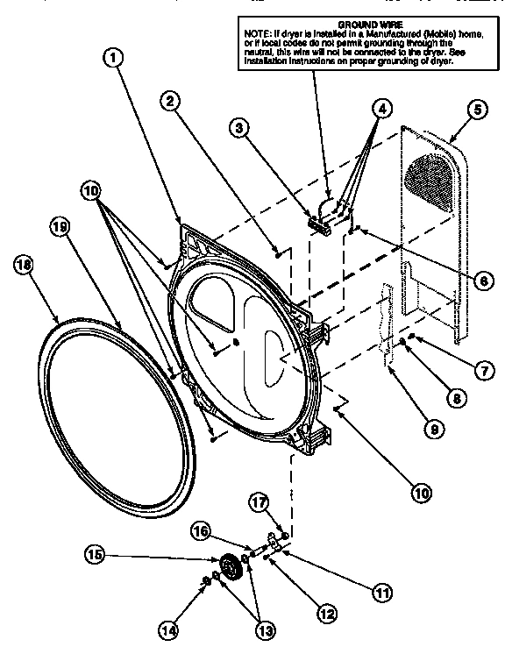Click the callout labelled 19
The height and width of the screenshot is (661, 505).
click(x=60, y=226)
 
